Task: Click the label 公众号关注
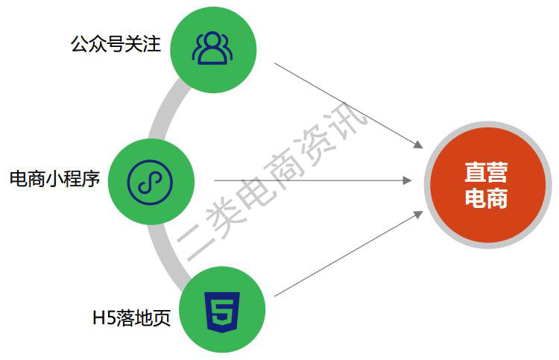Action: coord(116,44)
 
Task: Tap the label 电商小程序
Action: coord(54,179)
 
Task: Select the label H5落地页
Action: coord(131,318)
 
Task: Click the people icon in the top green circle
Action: coord(212,48)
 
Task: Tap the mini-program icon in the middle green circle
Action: coord(150,182)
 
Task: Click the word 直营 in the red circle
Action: coord(486,172)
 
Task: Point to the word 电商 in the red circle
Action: coord(486,198)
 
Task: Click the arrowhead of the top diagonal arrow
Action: coord(419,145)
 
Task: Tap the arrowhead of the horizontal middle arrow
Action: coord(407,180)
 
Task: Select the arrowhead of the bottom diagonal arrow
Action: coord(419,215)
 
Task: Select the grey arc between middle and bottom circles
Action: coord(165,251)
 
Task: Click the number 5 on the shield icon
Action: coord(222,311)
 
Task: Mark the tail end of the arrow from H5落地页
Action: coord(274,296)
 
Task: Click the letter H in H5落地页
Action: coord(98,318)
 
